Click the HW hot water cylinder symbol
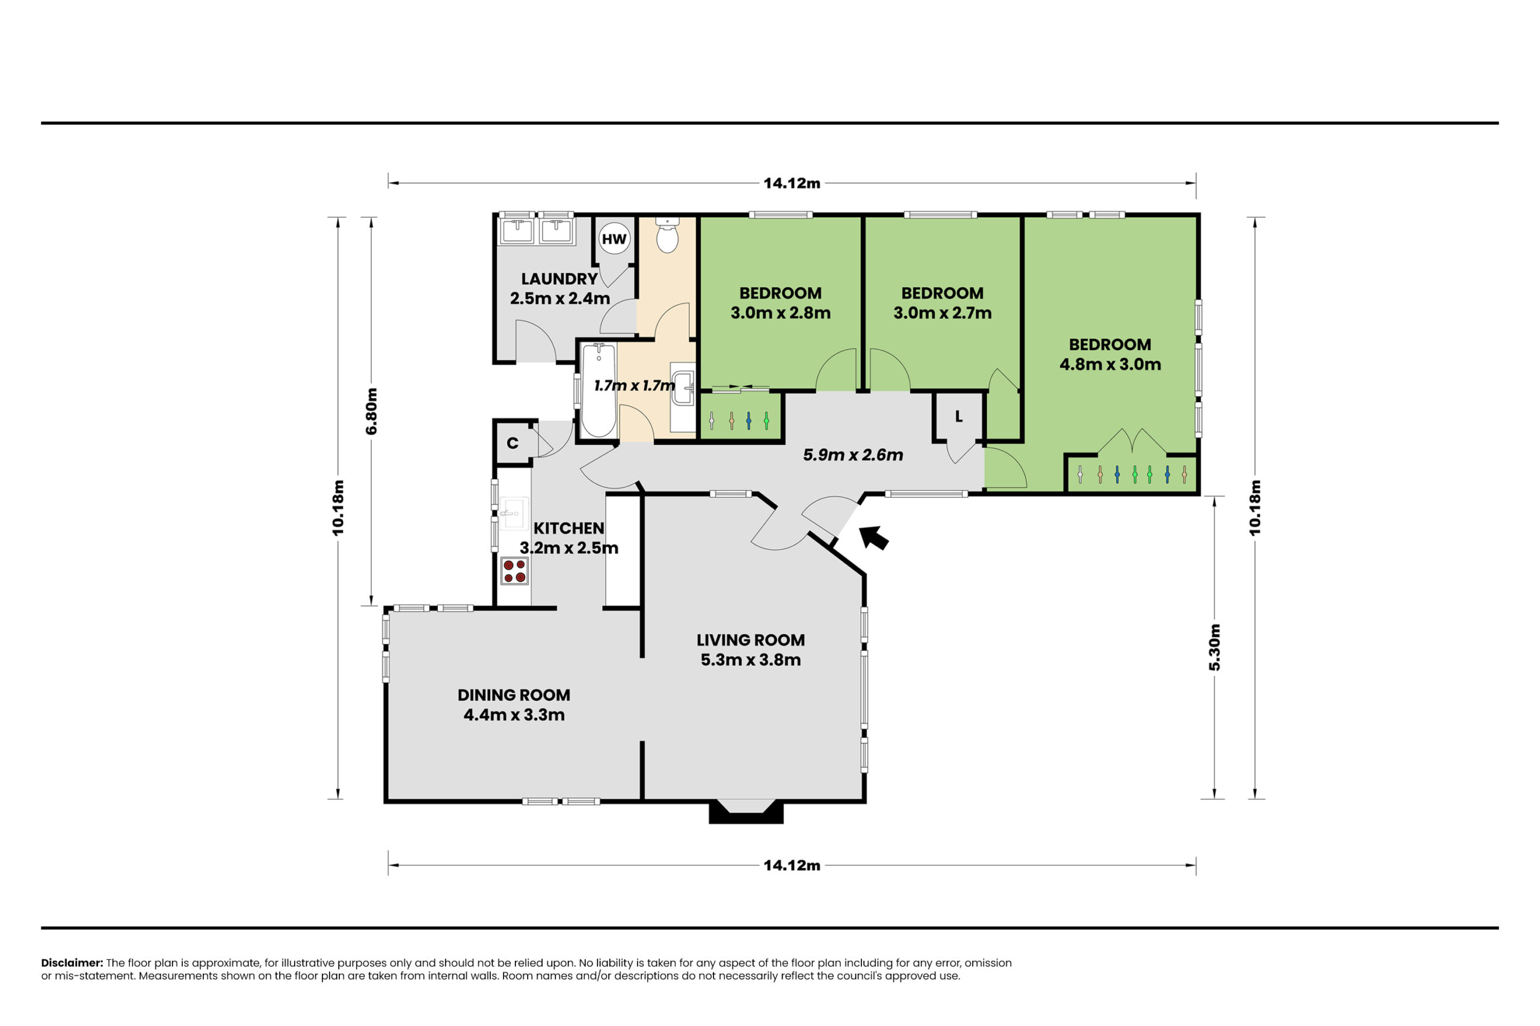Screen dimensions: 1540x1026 (x=614, y=239)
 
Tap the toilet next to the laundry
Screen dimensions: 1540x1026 (x=667, y=236)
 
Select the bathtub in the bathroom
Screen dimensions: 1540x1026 (x=599, y=390)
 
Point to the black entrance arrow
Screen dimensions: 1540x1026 (x=873, y=537)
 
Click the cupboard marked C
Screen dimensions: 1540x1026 (x=513, y=443)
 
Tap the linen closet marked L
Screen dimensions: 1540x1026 (x=958, y=417)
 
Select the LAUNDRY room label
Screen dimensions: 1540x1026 (x=559, y=279)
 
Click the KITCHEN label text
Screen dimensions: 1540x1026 (x=568, y=528)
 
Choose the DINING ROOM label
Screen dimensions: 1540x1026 (x=513, y=695)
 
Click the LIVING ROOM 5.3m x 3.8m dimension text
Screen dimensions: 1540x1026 (x=750, y=659)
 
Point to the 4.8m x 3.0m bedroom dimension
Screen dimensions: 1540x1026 (x=1110, y=364)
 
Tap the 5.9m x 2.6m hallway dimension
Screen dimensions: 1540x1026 (x=852, y=455)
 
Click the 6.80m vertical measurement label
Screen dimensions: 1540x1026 (x=371, y=411)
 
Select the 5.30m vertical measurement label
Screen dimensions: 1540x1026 (x=1214, y=647)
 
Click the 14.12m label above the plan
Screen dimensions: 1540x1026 (x=792, y=183)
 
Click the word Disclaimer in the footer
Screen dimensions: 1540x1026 (x=72, y=962)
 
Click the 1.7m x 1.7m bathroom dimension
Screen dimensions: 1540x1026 (x=634, y=385)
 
